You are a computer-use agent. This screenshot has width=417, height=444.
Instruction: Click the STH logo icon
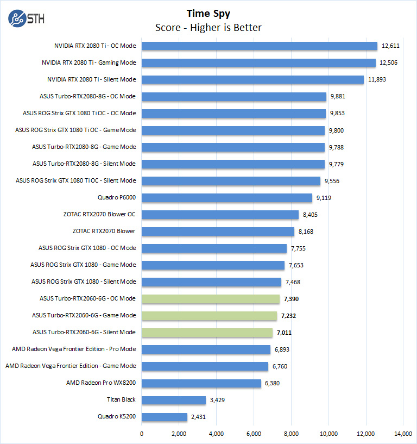point(18,18)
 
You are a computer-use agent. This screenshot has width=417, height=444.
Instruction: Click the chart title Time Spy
point(208,14)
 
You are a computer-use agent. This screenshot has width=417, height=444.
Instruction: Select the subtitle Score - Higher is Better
point(208,28)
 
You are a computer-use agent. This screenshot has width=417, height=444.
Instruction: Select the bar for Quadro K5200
point(165,417)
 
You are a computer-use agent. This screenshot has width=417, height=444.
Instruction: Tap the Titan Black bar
point(174,400)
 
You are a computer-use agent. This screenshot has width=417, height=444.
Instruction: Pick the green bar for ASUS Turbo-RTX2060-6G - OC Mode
point(211,298)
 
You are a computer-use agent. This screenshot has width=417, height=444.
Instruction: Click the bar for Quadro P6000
point(227,198)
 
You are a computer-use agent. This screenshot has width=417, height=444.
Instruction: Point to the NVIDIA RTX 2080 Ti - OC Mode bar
point(260,46)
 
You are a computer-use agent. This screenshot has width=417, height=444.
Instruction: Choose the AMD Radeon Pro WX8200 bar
point(201,383)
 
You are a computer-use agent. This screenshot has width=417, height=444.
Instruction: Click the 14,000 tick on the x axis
point(403,434)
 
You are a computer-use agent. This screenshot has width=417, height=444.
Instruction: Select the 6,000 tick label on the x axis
point(254,434)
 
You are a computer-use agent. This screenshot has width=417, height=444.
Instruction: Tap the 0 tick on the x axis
point(142,434)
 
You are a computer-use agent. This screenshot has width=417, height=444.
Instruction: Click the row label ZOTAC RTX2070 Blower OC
point(99,215)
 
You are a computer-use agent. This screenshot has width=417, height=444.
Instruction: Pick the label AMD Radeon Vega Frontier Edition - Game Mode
point(71,366)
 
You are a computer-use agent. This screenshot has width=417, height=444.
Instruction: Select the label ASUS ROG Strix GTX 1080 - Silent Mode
point(84,282)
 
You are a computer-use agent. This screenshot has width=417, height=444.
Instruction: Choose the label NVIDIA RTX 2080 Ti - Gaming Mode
point(89,63)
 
